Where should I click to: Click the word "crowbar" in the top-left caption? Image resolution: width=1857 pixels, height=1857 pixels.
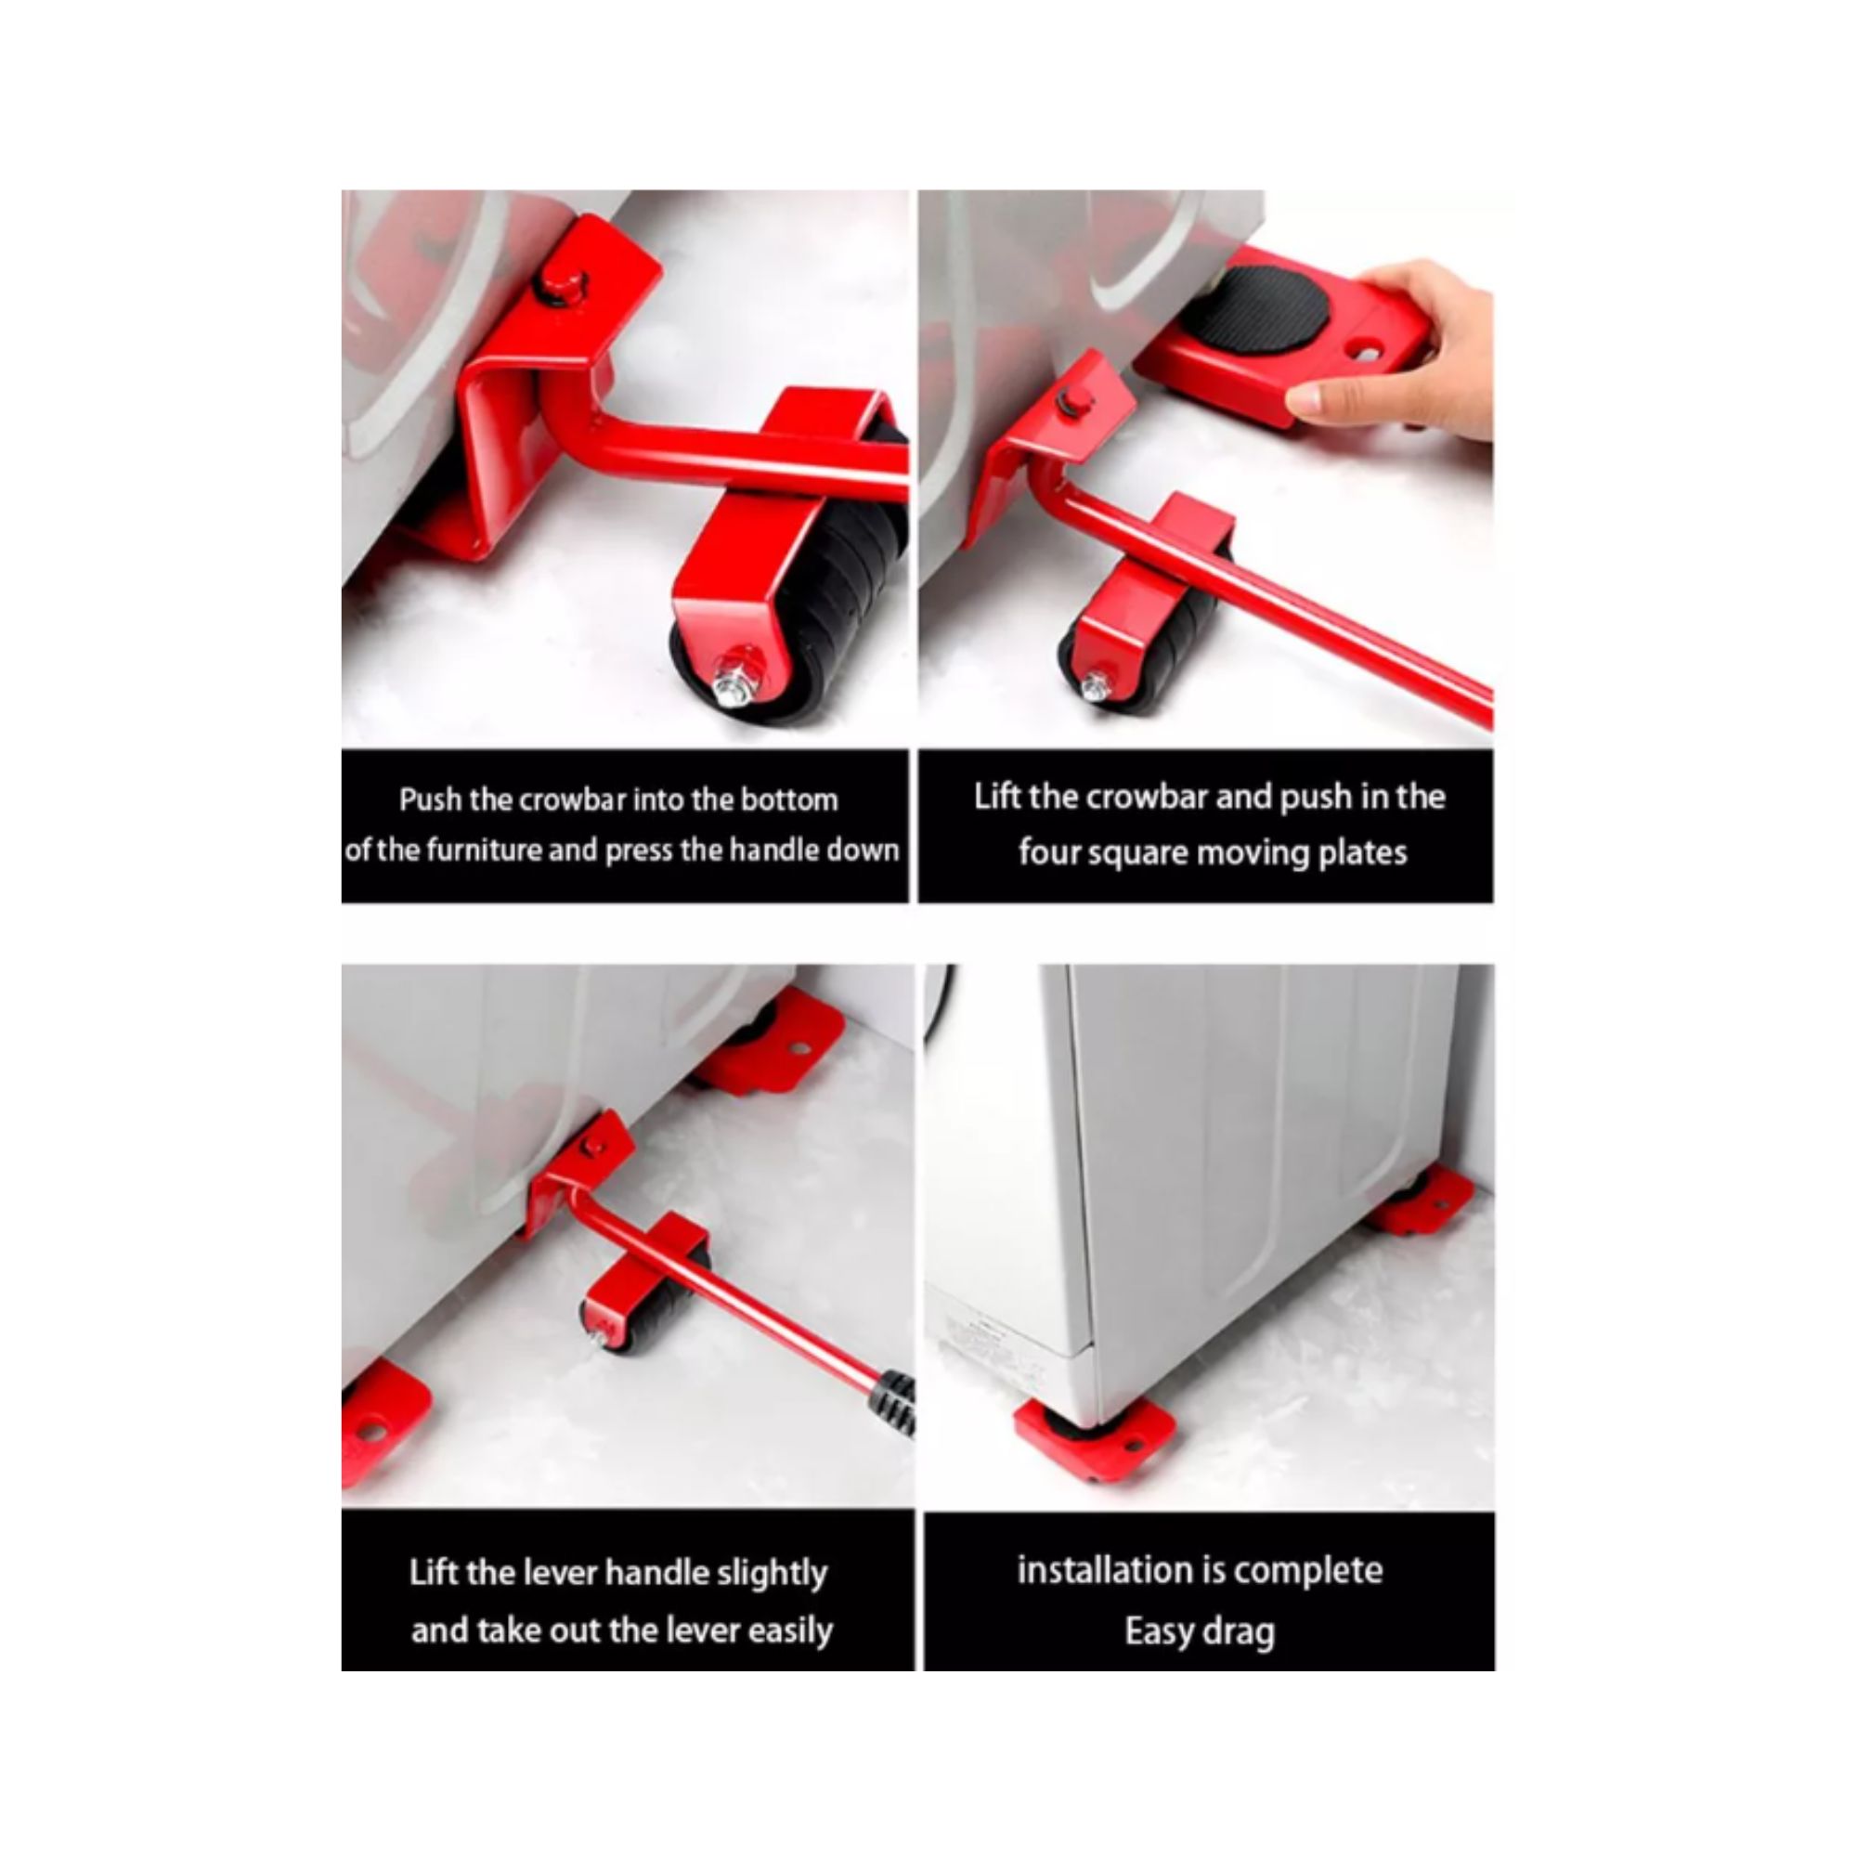coord(567,799)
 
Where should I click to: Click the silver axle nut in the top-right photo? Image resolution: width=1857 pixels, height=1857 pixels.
coord(1094,686)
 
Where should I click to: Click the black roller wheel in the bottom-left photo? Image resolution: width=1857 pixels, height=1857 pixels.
coord(650,1303)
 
